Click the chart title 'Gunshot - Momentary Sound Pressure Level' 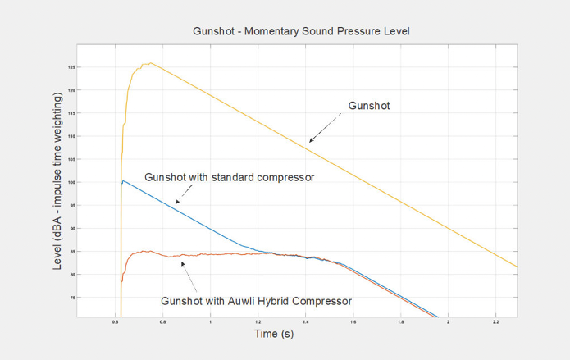[x=300, y=31]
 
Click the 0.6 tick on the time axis [x=115, y=322]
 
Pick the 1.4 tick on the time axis [x=306, y=322]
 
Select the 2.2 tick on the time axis [x=496, y=322]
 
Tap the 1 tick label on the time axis [x=211, y=322]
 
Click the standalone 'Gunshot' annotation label [x=368, y=106]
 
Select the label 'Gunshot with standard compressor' [x=229, y=176]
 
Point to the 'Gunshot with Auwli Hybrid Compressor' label [x=257, y=301]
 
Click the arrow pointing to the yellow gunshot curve [x=326, y=128]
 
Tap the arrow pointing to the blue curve [x=184, y=194]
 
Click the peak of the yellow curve [x=148, y=63]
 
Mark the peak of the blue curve [x=122, y=181]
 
